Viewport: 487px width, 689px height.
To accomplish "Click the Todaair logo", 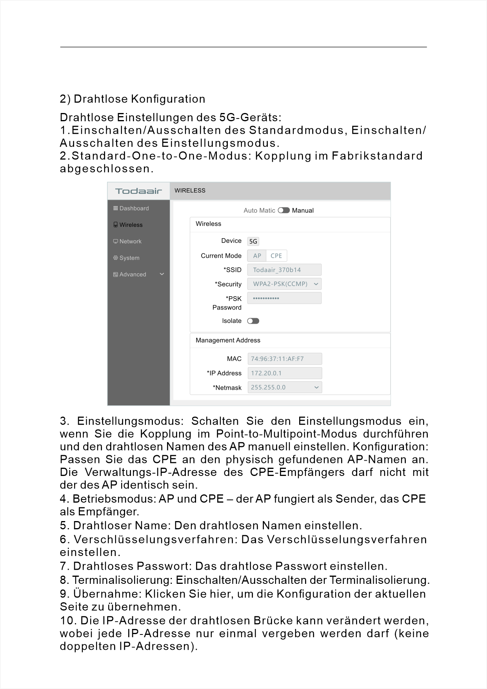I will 138,191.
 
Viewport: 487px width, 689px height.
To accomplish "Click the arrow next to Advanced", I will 162,274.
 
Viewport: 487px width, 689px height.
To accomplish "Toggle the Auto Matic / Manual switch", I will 283,210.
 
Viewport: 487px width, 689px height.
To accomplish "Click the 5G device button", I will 253,241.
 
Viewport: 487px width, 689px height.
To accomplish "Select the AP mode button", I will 257,256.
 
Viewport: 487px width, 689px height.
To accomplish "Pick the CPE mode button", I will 276,256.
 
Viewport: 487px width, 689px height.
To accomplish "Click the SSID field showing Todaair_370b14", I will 284,270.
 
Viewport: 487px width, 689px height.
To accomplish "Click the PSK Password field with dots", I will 284,298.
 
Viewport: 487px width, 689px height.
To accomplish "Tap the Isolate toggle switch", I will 253,321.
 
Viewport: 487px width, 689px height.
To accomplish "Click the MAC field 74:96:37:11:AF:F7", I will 285,359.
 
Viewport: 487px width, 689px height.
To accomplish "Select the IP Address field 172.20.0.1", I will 285,373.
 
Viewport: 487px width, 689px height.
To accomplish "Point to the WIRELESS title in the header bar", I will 190,191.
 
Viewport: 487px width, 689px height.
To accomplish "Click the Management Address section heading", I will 228,340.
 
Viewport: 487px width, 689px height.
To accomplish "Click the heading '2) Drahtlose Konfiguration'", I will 133,99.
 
